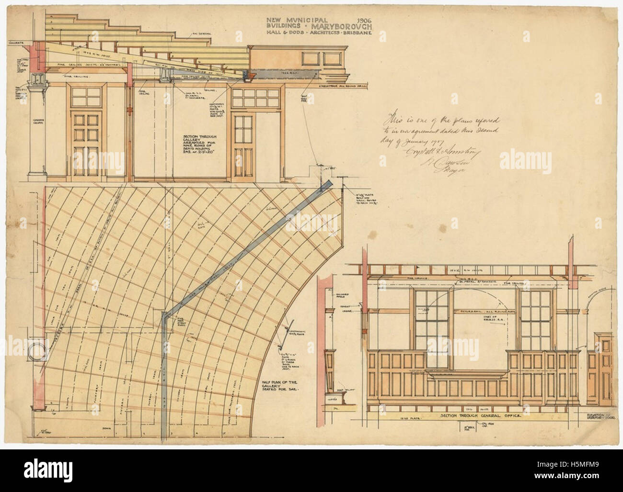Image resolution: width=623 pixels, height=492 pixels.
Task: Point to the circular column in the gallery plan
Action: [38, 355]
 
